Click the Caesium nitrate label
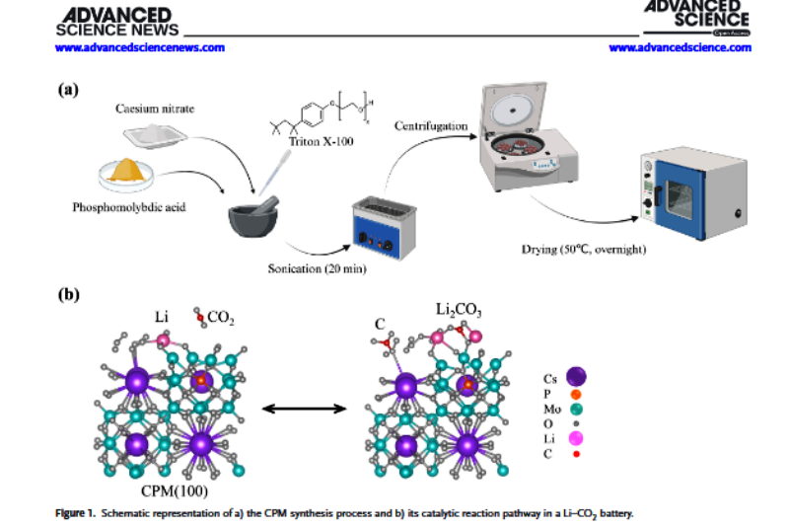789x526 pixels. coord(154,109)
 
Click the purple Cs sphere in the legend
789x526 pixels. coord(576,376)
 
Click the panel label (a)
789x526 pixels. coord(67,90)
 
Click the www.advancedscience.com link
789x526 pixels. coord(680,47)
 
